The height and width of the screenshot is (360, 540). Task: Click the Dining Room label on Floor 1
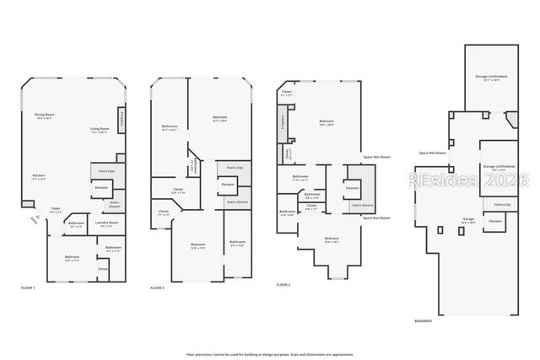pos(45,116)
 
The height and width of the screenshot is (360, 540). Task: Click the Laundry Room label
pos(108,224)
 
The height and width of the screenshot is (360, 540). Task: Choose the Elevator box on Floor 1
pos(101,187)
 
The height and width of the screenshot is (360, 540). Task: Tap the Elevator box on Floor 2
pos(228,184)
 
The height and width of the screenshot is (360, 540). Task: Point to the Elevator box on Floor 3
pos(353,188)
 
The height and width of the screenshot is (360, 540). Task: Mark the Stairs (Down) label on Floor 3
pos(354,205)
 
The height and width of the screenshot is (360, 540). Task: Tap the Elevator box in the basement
pos(495,222)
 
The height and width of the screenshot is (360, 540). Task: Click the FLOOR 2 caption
pos(158,288)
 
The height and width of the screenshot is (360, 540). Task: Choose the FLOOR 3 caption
pos(283,285)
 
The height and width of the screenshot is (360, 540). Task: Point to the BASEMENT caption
pos(424,321)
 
